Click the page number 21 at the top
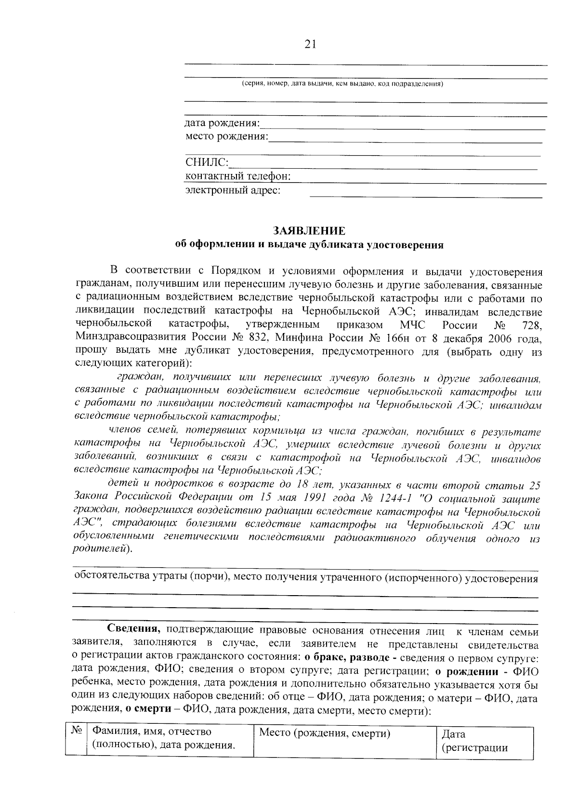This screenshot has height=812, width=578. coord(310,44)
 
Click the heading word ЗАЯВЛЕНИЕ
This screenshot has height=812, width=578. coord(309,230)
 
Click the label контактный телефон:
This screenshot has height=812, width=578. coord(238,176)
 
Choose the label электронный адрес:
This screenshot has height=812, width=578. coord(233,190)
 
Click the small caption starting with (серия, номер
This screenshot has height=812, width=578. coord(342,84)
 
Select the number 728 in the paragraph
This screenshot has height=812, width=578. coord(532,325)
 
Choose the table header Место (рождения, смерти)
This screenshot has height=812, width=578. coord(324,733)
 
